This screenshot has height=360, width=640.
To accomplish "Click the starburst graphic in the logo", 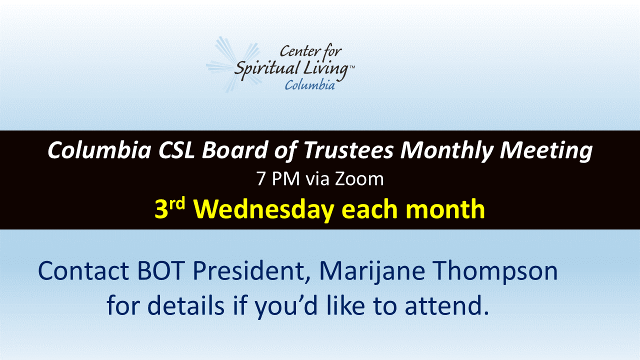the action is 233,64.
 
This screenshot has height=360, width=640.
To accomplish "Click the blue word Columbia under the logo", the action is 309,85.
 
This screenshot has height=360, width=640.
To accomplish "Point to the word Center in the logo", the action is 297,51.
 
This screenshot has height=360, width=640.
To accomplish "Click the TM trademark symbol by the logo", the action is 352,67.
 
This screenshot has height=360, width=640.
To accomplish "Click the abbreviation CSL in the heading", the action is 176,150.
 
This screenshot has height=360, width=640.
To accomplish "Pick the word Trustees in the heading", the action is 348,150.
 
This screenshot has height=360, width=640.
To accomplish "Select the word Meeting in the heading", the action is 545,151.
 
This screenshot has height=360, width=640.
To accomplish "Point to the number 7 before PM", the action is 260,179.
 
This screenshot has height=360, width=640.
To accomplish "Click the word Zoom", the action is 359,179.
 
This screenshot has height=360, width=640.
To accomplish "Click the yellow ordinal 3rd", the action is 169,208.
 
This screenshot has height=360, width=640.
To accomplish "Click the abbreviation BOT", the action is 159,270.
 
